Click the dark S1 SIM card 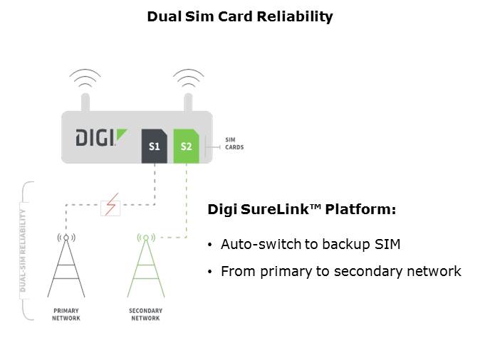[155, 146]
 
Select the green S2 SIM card [186, 146]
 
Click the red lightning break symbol [110, 206]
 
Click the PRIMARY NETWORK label [66, 314]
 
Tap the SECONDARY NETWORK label [145, 314]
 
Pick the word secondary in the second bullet [380, 271]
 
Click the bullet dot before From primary [209, 272]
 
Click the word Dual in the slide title [162, 16]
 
